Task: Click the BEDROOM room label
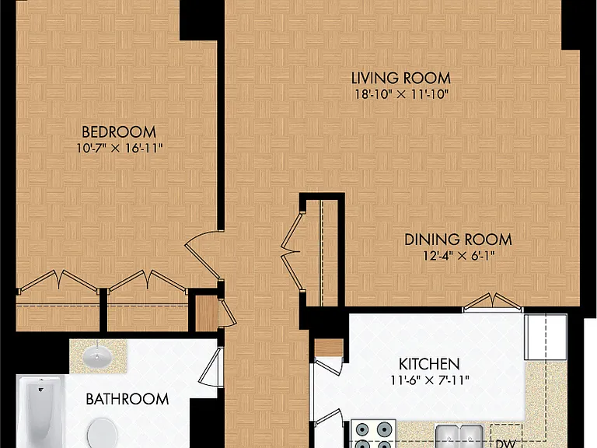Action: tap(119, 132)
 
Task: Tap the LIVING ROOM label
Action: tap(401, 78)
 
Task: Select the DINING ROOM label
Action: tap(458, 240)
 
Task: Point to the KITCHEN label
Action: tap(429, 364)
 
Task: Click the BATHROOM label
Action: tap(127, 399)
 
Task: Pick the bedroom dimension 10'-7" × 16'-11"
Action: tap(120, 149)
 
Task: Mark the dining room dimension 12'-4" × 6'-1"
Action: tap(459, 256)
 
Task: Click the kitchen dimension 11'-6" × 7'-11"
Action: tap(429, 380)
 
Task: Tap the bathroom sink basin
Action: tap(97, 357)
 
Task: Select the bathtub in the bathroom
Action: tap(40, 411)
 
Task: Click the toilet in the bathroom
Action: tap(103, 433)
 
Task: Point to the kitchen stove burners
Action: tap(373, 434)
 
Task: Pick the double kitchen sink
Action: tap(459, 436)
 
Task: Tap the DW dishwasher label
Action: tap(506, 443)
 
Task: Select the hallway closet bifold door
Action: tap(292, 252)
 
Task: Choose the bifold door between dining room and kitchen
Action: tap(492, 301)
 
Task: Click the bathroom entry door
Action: tap(210, 367)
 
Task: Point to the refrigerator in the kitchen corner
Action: tap(546, 337)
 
